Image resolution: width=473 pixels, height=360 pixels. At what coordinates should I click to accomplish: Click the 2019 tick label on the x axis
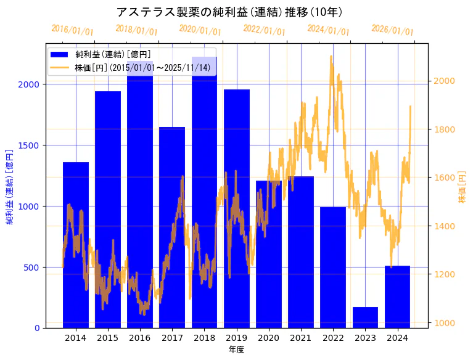tap(237, 338)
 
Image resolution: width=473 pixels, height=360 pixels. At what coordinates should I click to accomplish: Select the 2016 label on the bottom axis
tap(140, 338)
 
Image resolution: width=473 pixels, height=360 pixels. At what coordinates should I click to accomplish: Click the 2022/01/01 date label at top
tap(264, 31)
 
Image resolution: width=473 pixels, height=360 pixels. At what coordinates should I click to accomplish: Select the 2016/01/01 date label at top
tap(72, 30)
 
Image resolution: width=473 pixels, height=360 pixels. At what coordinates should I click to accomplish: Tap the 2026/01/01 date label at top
tap(392, 31)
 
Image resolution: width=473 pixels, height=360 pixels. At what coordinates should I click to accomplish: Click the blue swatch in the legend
tap(61, 55)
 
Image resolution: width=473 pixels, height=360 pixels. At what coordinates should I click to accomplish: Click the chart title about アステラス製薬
tap(229, 12)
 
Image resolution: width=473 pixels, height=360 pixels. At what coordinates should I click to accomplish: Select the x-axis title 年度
tap(236, 350)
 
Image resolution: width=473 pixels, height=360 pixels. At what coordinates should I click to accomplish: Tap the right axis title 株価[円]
tap(462, 187)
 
